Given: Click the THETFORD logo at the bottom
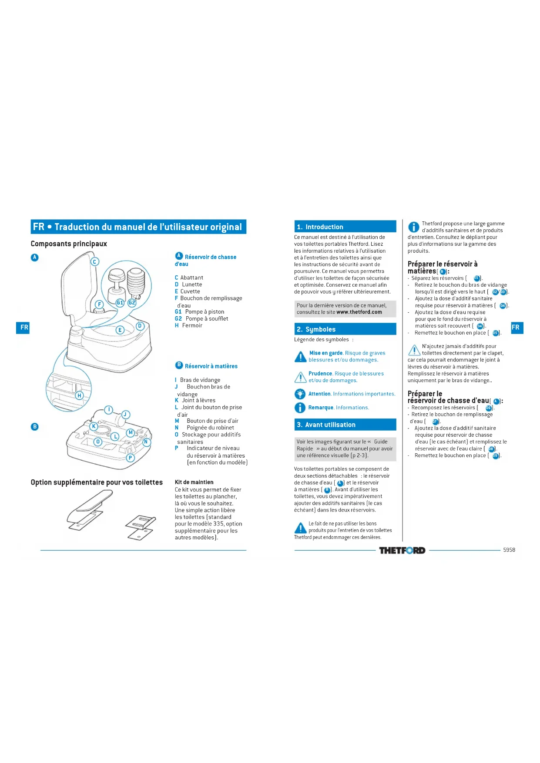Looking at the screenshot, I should [402, 550].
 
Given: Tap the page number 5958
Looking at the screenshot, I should [509, 550].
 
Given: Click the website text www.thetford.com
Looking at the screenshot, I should [359, 312].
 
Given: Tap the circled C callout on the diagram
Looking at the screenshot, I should [94, 261].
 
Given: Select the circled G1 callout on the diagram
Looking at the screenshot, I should [120, 302].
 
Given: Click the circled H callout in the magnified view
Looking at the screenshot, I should [79, 395].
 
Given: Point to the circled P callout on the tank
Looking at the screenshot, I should [130, 458].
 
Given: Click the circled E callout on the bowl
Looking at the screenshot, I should [120, 330].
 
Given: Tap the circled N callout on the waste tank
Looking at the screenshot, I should [147, 442].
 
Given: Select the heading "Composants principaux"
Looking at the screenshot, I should [69, 244].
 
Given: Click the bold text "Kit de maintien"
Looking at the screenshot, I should [194, 482].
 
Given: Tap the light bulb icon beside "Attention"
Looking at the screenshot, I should [300, 394].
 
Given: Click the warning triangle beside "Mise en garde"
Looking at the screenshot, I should [300, 357].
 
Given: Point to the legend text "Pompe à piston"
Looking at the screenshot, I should [205, 311].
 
